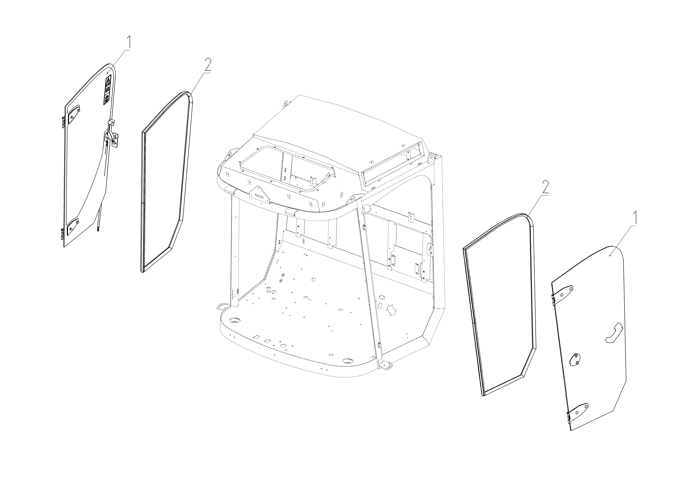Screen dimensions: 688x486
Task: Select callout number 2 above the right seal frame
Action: [x=545, y=188]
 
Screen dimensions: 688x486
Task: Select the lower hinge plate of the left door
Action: [x=72, y=227]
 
